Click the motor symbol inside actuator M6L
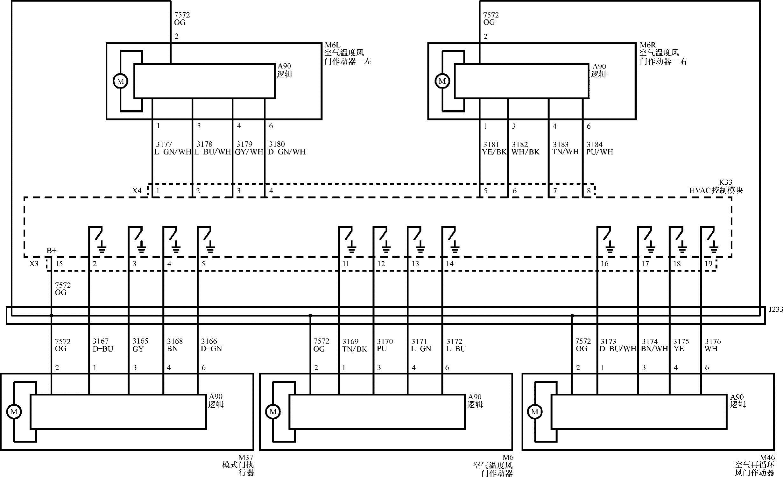click(121, 81)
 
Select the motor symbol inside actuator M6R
click(442, 81)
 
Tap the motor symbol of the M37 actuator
click(14, 412)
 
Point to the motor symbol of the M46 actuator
click(534, 412)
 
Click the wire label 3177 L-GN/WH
click(172, 148)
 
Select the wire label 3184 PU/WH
click(599, 148)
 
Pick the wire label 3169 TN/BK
click(355, 345)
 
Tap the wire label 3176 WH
click(713, 345)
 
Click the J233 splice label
click(776, 309)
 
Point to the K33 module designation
click(726, 182)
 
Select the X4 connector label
click(137, 190)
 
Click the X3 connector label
click(34, 264)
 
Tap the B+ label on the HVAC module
click(52, 251)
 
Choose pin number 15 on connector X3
click(59, 264)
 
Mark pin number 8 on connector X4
click(589, 191)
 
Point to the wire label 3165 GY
click(140, 345)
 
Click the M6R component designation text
click(648, 46)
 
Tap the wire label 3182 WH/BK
click(525, 148)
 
